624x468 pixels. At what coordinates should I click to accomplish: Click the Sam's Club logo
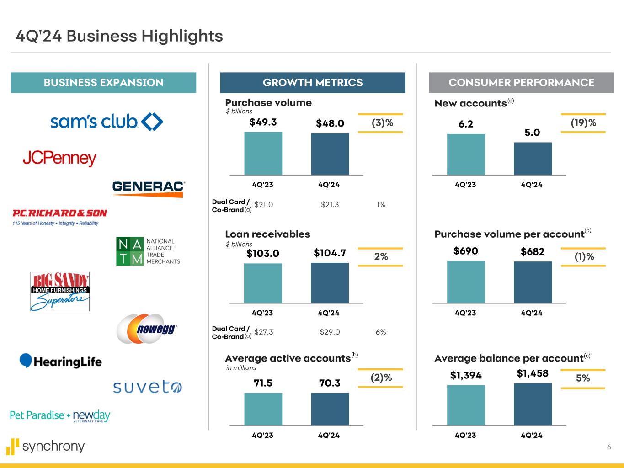[107, 122]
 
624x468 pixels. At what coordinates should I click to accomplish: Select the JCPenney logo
[59, 159]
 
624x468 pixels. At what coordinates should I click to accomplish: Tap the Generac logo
[148, 188]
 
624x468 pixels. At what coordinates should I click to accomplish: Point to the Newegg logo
[146, 329]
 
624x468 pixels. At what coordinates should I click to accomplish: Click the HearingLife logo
[60, 361]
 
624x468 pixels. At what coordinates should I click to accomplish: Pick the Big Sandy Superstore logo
[59, 292]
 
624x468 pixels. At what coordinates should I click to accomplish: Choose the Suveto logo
[147, 388]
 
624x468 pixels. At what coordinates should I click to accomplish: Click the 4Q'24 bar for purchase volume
[330, 154]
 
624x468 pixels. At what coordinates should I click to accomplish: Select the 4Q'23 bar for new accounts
[466, 154]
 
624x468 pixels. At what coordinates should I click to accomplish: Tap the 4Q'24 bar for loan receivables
[330, 283]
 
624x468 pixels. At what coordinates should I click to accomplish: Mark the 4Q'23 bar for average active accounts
[263, 409]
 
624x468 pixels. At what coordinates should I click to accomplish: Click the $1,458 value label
[533, 373]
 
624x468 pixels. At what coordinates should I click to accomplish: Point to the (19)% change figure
[583, 123]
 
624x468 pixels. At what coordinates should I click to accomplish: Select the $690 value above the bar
[465, 251]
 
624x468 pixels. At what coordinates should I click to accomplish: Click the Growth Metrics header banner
[313, 83]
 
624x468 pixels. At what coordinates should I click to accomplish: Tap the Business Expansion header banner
[103, 83]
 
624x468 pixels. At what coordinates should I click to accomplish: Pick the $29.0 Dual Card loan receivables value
[330, 332]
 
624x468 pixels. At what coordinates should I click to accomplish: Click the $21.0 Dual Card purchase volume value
[263, 205]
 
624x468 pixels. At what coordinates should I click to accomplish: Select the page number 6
[608, 447]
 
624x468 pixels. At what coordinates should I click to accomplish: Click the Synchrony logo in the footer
[46, 447]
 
